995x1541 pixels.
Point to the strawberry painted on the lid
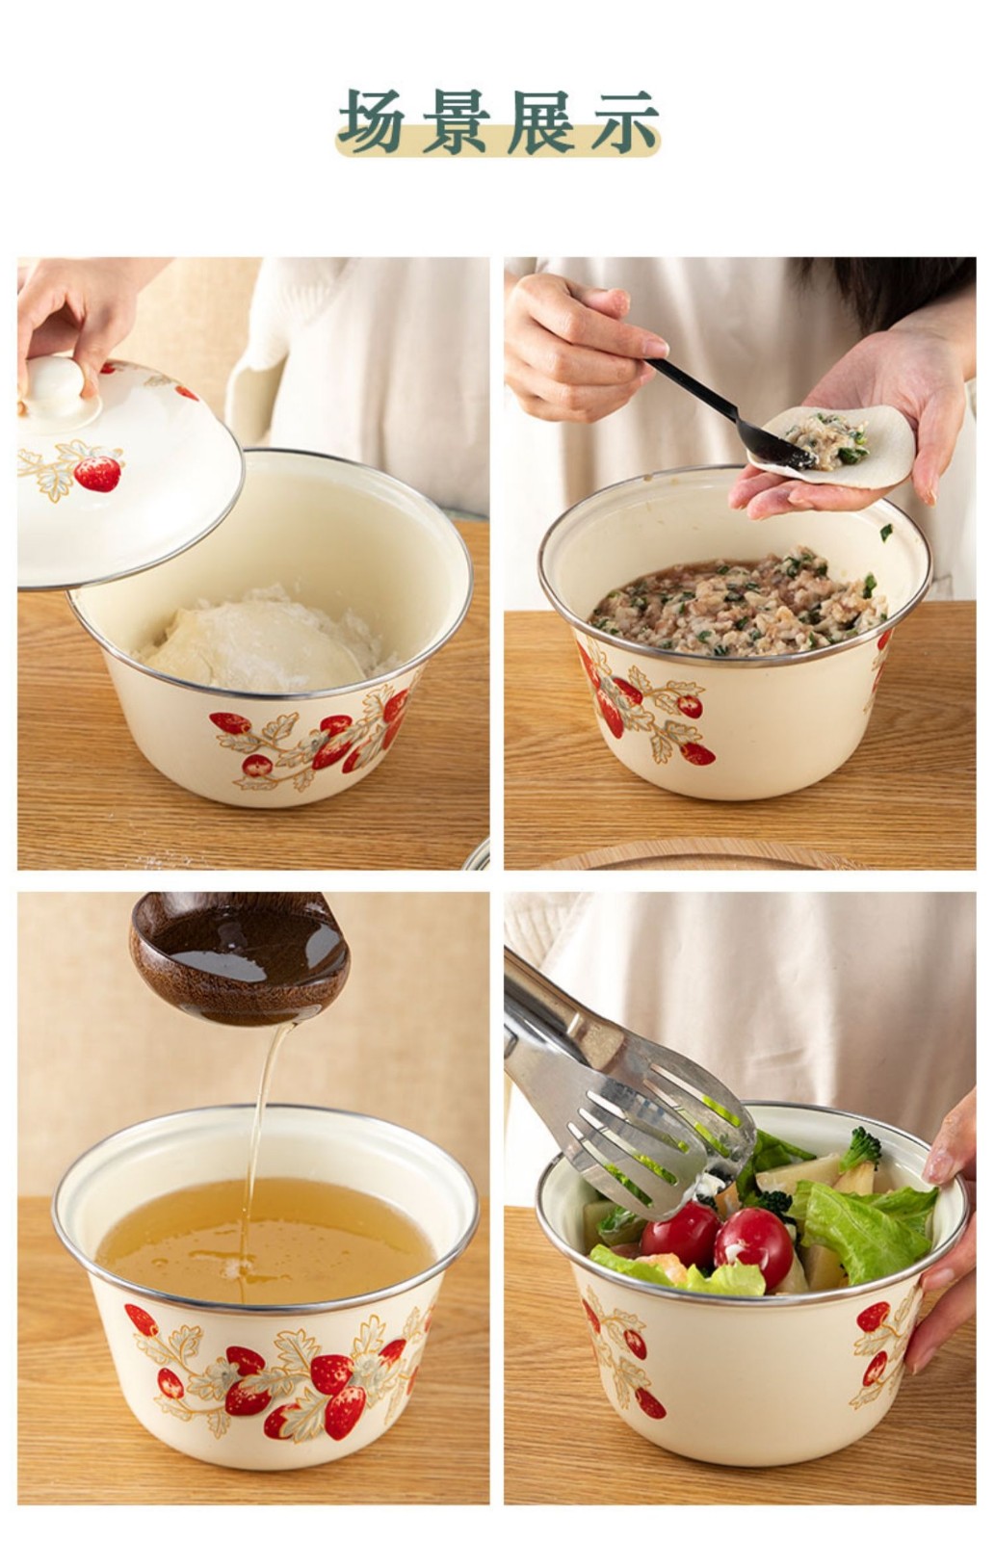pos(97,473)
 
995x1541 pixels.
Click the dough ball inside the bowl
pos(253,642)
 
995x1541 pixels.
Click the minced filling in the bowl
pos(736,602)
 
